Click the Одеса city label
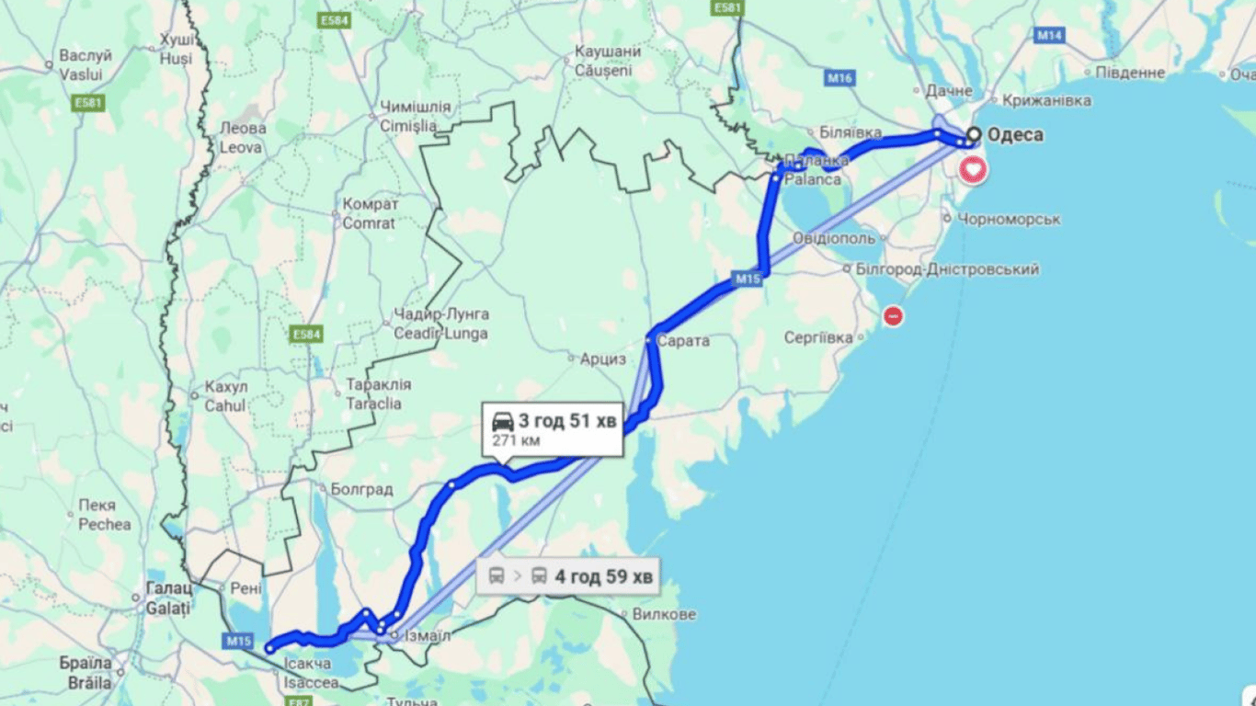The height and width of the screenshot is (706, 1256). pos(1015,135)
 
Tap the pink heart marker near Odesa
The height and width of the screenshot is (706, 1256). pos(973,169)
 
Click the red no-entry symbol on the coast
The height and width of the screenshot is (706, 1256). pos(892,316)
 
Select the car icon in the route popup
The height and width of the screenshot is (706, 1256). pos(503,422)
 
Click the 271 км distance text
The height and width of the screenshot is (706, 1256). pos(515,441)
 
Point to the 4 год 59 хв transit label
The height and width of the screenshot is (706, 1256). pos(603,576)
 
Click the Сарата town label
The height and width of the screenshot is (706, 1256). pos(684,341)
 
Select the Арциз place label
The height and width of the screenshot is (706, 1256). pos(602,359)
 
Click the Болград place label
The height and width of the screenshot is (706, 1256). pos(361,490)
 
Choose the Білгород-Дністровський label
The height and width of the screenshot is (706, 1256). pos(947,269)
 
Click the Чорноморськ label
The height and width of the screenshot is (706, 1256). pos(1009,220)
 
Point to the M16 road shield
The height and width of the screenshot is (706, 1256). pos(839,78)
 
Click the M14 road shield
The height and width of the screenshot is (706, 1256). pos(1049,35)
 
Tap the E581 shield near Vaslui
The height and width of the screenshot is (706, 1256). pos(87,103)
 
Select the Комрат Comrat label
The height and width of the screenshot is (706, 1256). pos(369,213)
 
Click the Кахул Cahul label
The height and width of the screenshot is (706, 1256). pos(225,395)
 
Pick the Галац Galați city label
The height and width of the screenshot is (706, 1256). pos(168,598)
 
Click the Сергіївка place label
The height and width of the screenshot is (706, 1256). pos(818,338)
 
